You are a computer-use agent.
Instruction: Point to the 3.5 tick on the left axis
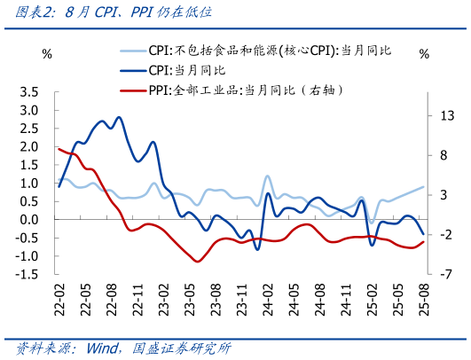(x=29, y=91)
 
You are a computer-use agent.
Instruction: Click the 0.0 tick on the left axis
(x=29, y=220)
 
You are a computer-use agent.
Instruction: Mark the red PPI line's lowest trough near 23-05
(x=196, y=261)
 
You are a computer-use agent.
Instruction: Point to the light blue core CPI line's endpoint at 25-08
(x=423, y=187)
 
